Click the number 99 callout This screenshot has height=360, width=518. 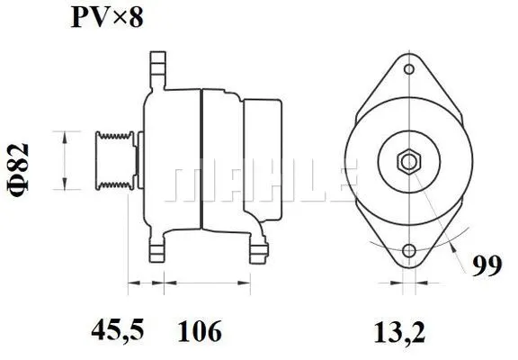pyautogui.click(x=486, y=265)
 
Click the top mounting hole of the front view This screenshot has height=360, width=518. pyautogui.click(x=409, y=69)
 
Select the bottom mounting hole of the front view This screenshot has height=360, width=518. pyautogui.click(x=409, y=251)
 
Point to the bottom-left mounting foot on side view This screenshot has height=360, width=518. pyautogui.click(x=158, y=251)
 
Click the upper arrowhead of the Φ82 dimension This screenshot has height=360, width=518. pyautogui.click(x=64, y=134)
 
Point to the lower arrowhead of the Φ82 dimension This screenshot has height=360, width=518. pyautogui.click(x=64, y=186)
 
